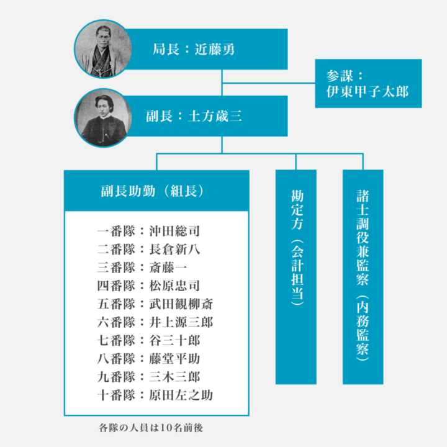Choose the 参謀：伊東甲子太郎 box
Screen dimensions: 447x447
tap(368, 84)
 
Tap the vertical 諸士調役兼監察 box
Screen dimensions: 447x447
tap(363, 276)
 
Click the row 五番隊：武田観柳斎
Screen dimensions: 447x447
tap(156, 304)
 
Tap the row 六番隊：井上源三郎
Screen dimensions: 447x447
tap(156, 322)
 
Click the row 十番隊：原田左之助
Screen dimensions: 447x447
tap(156, 395)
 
